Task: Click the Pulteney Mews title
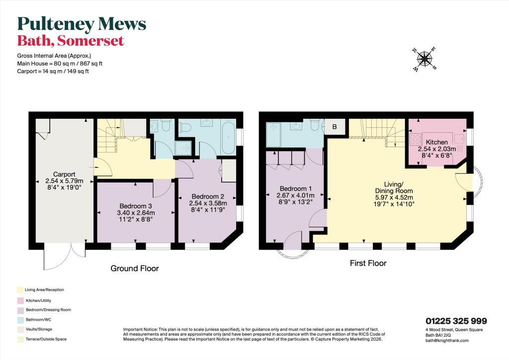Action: click(82, 23)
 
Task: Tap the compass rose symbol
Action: click(424, 59)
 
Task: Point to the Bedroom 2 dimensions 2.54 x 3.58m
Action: click(208, 203)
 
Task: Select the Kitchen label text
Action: click(436, 142)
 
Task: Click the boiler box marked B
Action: click(335, 127)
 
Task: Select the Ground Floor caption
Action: click(134, 269)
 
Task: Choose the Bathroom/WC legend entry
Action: click(38, 319)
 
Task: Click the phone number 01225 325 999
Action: click(456, 321)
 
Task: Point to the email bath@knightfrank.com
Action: click(447, 340)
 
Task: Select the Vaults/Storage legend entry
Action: click(38, 329)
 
